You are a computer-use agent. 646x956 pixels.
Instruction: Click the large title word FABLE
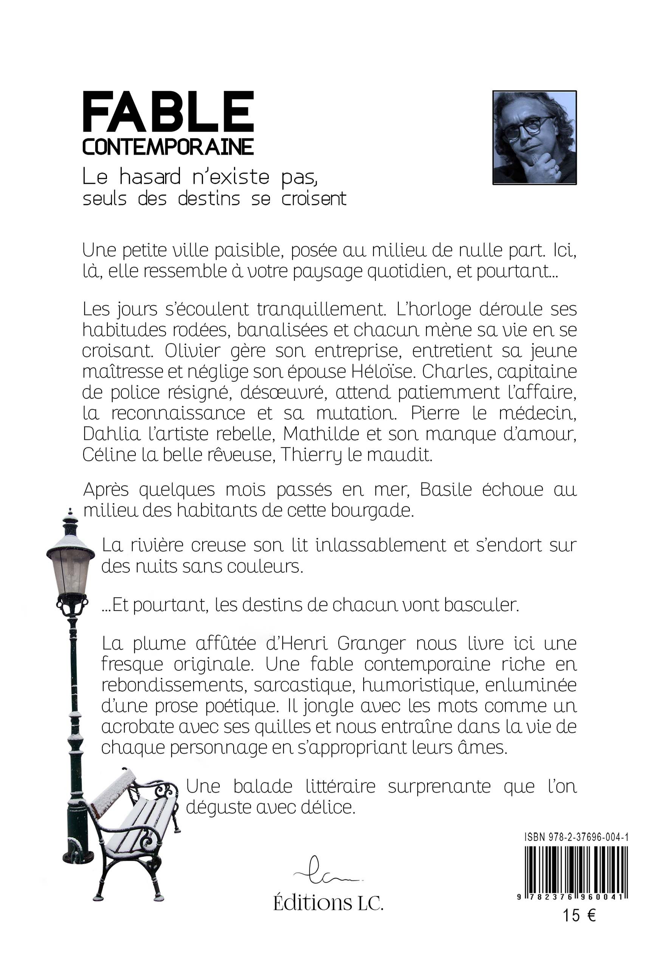click(x=168, y=113)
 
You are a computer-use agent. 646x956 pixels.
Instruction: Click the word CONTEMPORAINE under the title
click(x=168, y=147)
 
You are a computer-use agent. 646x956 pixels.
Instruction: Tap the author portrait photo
click(x=534, y=137)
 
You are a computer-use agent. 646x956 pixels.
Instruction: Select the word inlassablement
click(x=380, y=546)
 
